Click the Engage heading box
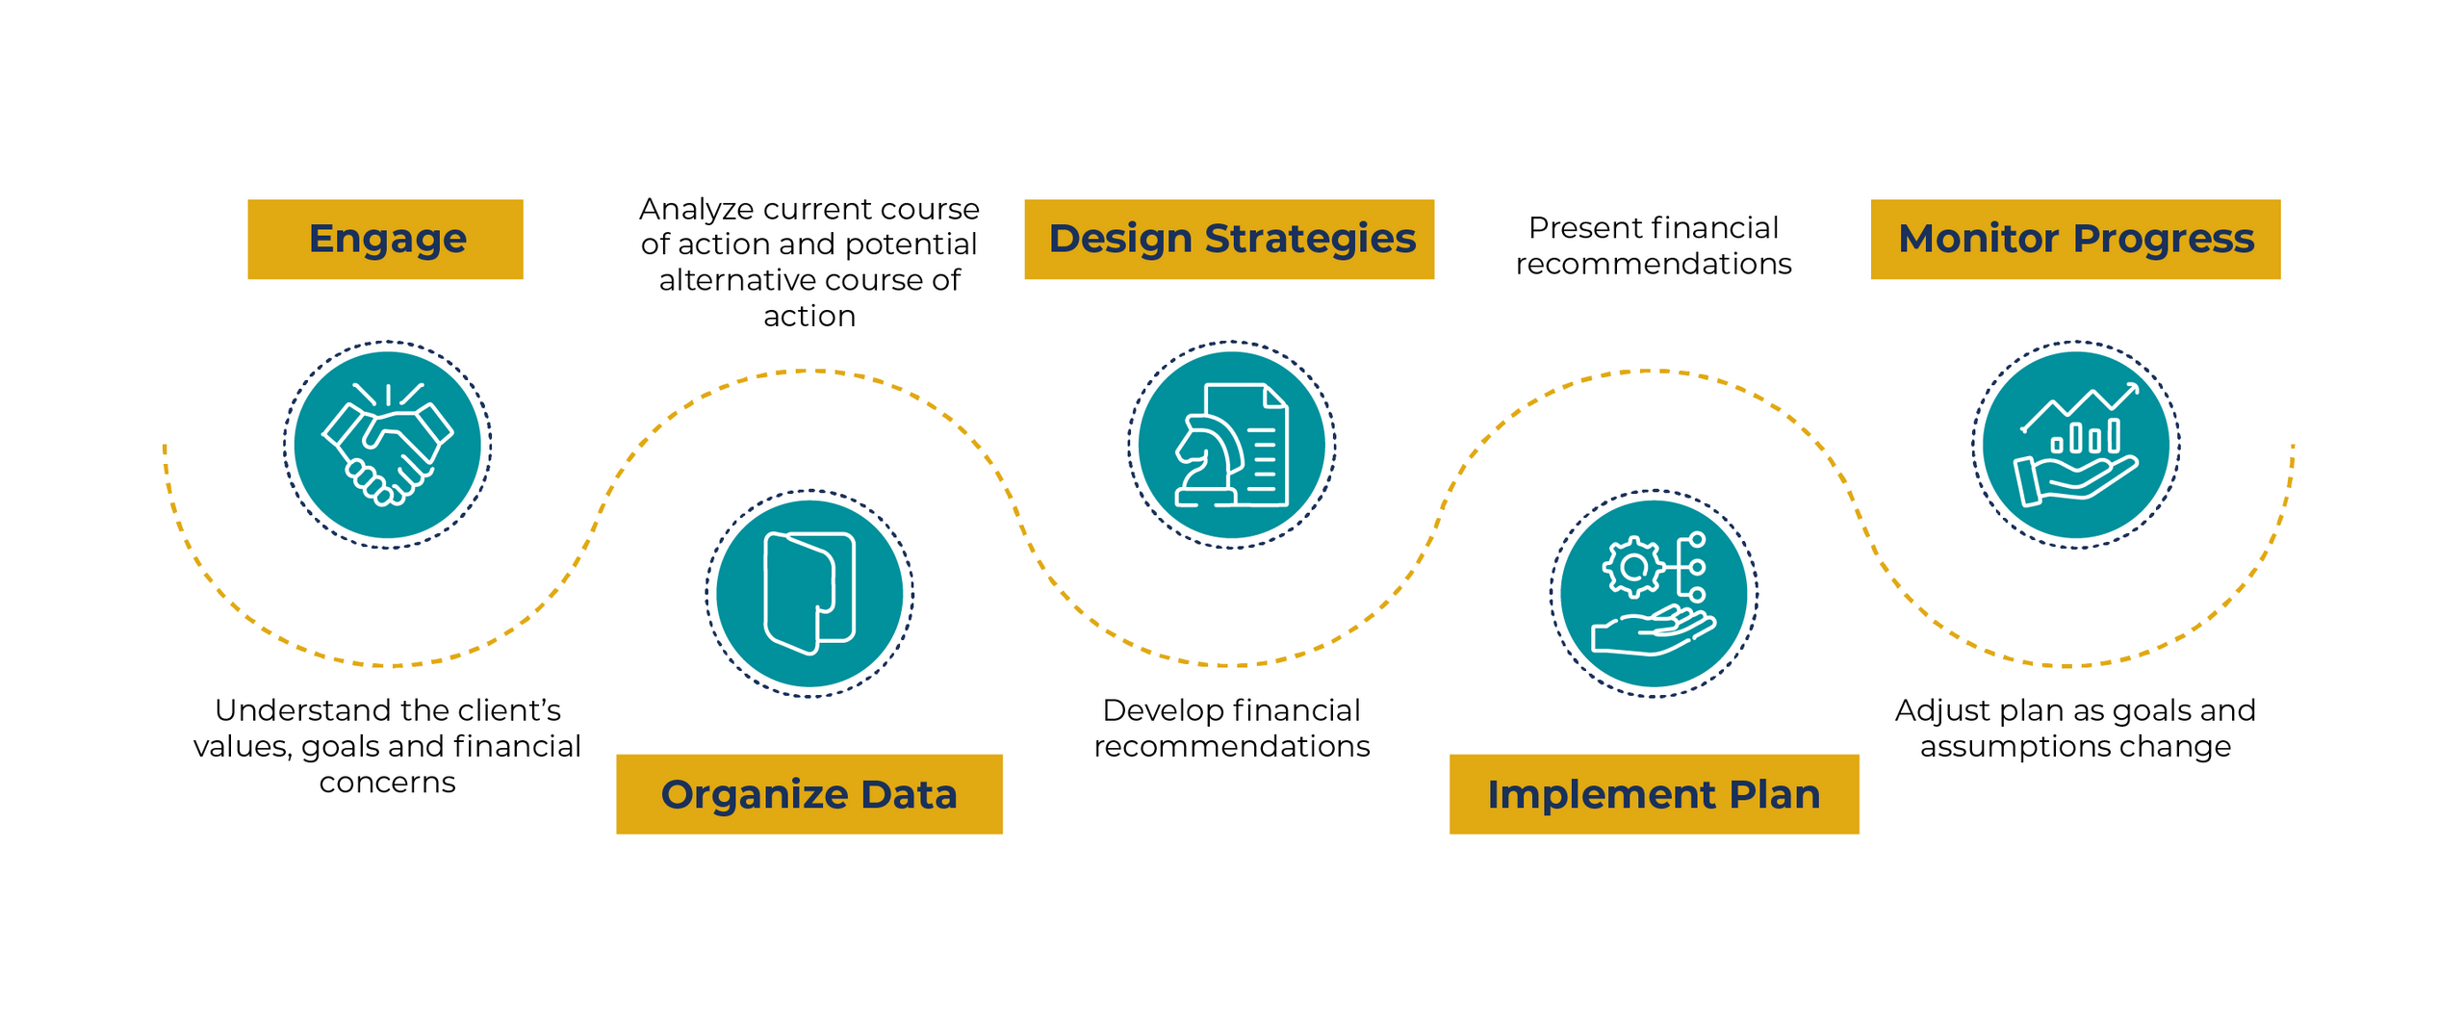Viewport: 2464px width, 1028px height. [x=385, y=240]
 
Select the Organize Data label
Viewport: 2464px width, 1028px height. [x=808, y=794]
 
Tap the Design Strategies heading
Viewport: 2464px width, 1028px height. [x=1229, y=240]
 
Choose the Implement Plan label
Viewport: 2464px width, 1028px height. [x=1654, y=794]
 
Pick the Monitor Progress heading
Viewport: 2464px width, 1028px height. [x=2075, y=240]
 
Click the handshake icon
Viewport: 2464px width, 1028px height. [x=387, y=444]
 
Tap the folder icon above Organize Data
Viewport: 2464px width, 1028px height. [x=809, y=593]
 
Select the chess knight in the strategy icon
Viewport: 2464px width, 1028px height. [x=1207, y=460]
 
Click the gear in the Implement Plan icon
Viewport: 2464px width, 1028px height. [x=1632, y=567]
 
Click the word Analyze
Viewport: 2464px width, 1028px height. [x=698, y=210]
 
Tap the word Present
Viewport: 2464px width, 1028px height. [x=1572, y=228]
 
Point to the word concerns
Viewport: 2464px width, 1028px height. [x=387, y=784]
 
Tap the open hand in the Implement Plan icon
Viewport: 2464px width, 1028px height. [x=1653, y=631]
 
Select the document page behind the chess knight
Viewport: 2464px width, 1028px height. [x=1247, y=444]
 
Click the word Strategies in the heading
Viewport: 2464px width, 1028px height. [x=1310, y=240]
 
